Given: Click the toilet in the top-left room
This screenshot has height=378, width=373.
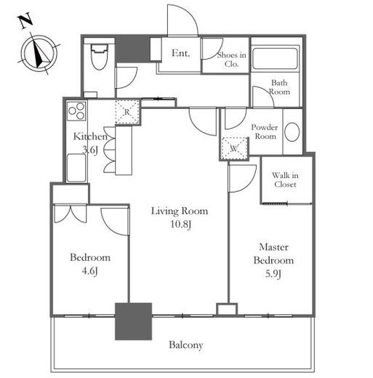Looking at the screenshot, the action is click(99, 57).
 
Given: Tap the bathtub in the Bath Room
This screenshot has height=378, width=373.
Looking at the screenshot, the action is click(275, 58).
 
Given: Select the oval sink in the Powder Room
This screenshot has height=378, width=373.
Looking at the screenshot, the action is click(292, 132).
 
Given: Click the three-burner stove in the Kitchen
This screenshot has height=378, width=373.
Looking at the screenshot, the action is click(76, 111).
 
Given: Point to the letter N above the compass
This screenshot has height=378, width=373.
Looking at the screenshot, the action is click(25, 21).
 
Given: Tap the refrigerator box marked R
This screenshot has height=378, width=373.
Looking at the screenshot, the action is click(127, 112).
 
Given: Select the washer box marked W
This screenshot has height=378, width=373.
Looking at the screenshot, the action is click(234, 148).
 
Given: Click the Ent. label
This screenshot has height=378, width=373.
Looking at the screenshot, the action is click(181, 53).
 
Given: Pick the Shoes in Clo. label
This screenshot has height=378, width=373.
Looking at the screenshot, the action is click(232, 60).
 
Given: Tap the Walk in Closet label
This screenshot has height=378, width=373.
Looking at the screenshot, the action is click(285, 180).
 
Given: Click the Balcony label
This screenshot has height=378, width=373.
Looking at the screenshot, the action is click(186, 345).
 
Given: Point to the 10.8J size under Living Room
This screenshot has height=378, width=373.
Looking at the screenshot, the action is click(181, 224).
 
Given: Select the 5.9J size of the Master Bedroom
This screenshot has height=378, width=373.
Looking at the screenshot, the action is click(273, 274).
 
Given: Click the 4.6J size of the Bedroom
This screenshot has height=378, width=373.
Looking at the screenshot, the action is click(89, 271).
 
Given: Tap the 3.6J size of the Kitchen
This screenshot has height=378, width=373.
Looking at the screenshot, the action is click(90, 150).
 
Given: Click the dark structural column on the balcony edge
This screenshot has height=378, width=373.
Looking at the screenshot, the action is click(133, 321).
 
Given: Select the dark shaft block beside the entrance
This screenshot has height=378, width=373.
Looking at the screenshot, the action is click(132, 49).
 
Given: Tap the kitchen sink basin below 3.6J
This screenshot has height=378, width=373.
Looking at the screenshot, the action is click(76, 168).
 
